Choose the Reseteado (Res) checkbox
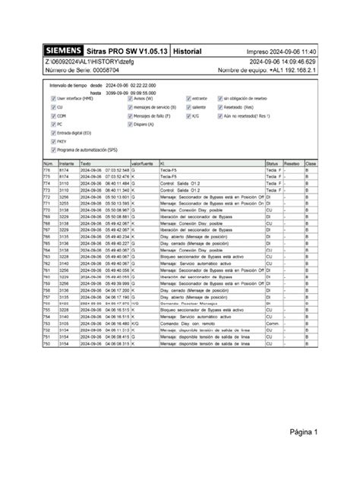(x=218, y=107)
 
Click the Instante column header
(x=65, y=163)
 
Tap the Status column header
(x=272, y=163)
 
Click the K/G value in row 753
(x=135, y=324)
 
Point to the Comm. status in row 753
(x=272, y=324)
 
